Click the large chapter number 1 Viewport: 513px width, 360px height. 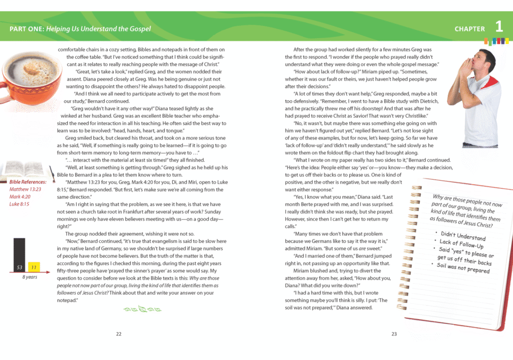pos(499,27)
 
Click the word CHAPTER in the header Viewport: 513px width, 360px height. pos(470,29)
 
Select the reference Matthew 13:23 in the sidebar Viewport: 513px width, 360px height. pos(25,189)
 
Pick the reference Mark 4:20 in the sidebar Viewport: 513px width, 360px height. pos(20,197)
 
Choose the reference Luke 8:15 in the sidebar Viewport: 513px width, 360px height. pos(19,204)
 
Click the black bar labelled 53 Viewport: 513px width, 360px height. pos(19,255)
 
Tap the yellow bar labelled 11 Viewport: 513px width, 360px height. pos(33,267)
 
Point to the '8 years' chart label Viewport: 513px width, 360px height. pos(29,277)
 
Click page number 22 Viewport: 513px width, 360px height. pos(119,333)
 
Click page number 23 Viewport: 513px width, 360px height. pos(394,333)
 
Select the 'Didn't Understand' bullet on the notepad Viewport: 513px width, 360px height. pos(463,236)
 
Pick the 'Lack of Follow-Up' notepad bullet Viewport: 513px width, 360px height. pos(463,244)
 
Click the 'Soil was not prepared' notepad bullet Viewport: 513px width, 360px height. pos(463,268)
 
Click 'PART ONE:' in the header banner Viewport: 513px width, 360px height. pos(26,29)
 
